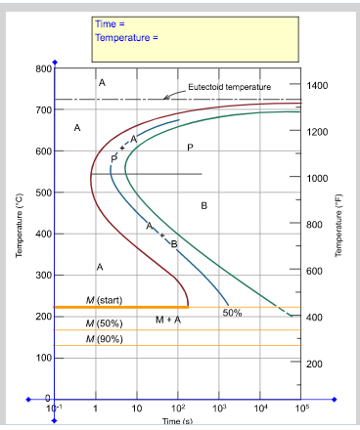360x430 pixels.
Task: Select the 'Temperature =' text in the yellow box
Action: click(126, 38)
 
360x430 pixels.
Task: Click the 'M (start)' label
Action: click(105, 299)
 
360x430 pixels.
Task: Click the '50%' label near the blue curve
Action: click(232, 313)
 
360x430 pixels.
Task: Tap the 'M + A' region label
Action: click(168, 320)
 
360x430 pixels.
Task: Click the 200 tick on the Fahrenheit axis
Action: click(316, 364)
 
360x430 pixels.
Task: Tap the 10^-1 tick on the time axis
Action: click(55, 406)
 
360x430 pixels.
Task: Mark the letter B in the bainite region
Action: click(204, 205)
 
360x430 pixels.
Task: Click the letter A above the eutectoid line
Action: click(102, 83)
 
